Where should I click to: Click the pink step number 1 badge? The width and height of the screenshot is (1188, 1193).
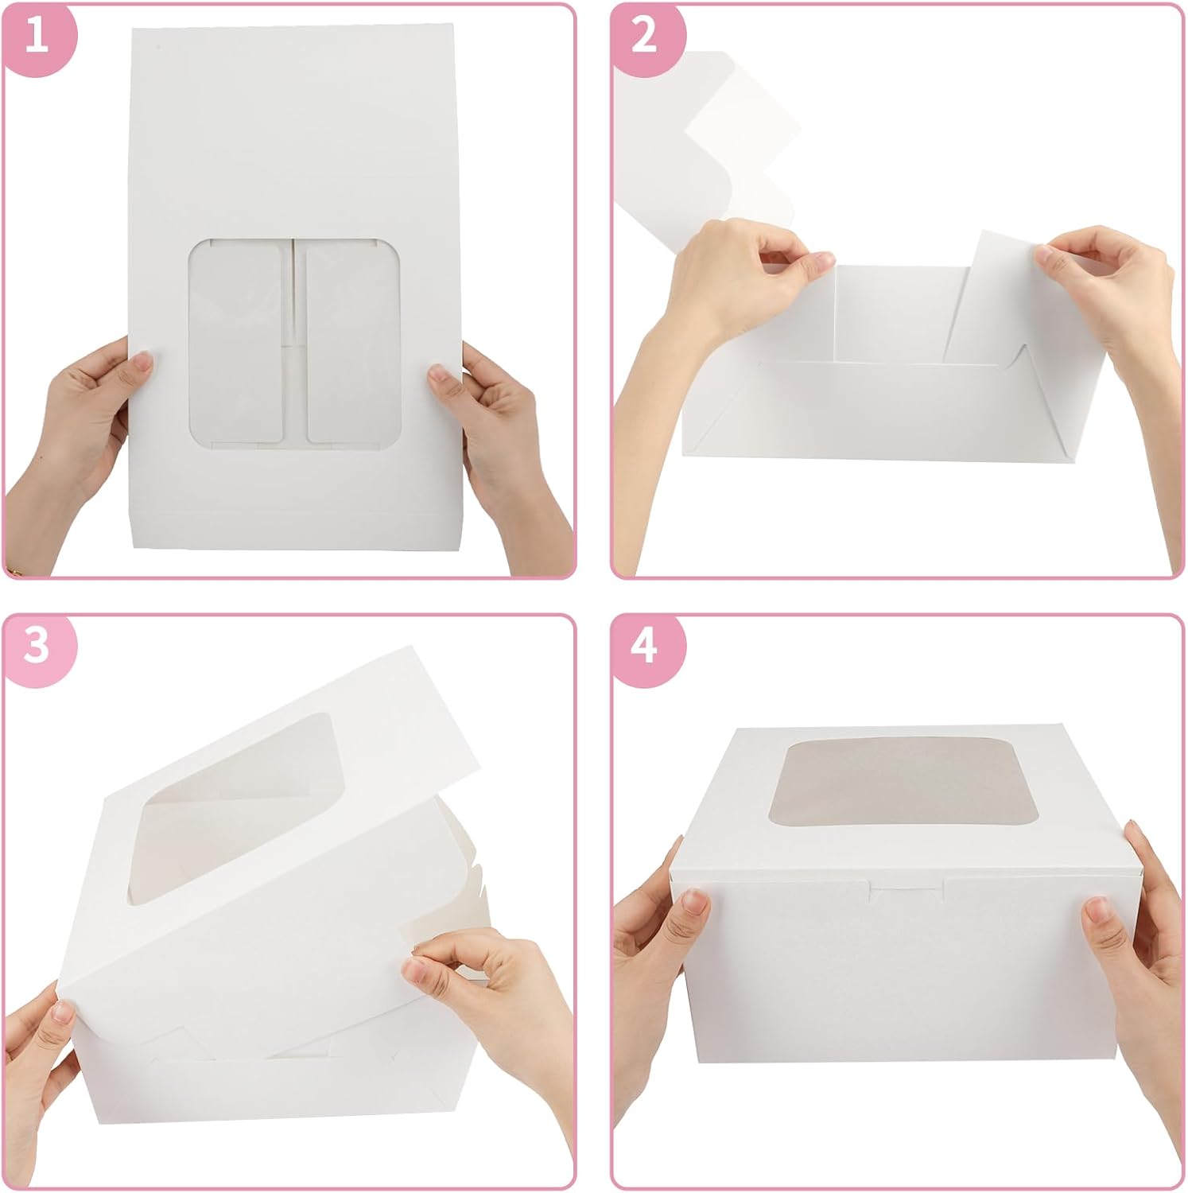tap(37, 37)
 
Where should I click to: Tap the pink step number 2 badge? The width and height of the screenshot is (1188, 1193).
tap(645, 37)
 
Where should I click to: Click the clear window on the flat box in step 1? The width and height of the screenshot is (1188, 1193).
tap(295, 340)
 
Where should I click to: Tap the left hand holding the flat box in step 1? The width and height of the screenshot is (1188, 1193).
tap(87, 422)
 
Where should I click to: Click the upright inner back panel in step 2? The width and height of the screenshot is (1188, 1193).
tap(891, 314)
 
